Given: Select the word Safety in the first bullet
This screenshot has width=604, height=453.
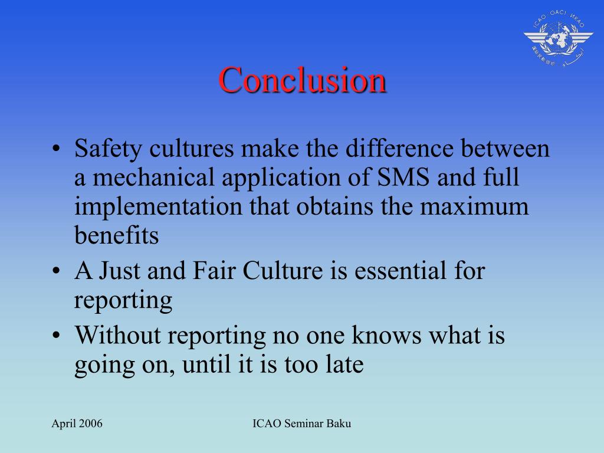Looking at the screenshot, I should [x=109, y=150].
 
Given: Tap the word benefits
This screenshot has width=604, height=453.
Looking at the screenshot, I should [x=116, y=235].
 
